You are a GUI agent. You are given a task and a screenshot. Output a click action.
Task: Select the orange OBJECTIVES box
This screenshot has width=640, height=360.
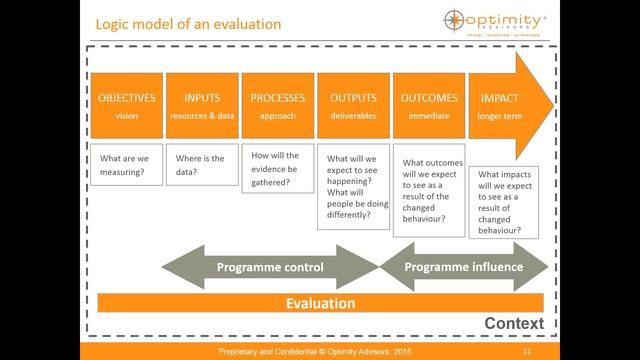pyautogui.click(x=126, y=105)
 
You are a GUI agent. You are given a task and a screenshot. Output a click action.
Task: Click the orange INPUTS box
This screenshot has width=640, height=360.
pyautogui.click(x=202, y=105)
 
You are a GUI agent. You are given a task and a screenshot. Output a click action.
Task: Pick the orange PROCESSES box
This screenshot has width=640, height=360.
pyautogui.click(x=278, y=105)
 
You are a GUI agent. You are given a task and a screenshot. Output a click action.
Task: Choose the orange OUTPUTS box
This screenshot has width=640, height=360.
pyautogui.click(x=353, y=105)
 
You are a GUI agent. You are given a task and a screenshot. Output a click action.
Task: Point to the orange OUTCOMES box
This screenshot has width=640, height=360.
pyautogui.click(x=429, y=105)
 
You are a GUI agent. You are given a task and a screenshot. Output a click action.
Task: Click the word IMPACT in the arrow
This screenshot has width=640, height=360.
pyautogui.click(x=499, y=98)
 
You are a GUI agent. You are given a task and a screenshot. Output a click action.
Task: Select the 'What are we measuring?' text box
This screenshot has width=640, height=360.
pyautogui.click(x=126, y=166)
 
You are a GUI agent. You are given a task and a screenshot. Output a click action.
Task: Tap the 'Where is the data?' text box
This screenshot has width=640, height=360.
pyautogui.click(x=202, y=166)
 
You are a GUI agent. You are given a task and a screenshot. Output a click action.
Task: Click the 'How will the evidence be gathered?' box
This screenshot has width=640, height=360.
pyautogui.click(x=278, y=170)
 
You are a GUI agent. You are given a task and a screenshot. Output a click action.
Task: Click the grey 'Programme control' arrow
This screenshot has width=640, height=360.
pyautogui.click(x=270, y=268)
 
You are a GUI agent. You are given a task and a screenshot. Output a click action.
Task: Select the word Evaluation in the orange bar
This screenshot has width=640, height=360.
pyautogui.click(x=320, y=303)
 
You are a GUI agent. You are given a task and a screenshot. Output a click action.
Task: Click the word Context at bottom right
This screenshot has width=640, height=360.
pyautogui.click(x=513, y=324)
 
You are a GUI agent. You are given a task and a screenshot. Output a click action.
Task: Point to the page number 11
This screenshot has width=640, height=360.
pyautogui.click(x=526, y=352)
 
